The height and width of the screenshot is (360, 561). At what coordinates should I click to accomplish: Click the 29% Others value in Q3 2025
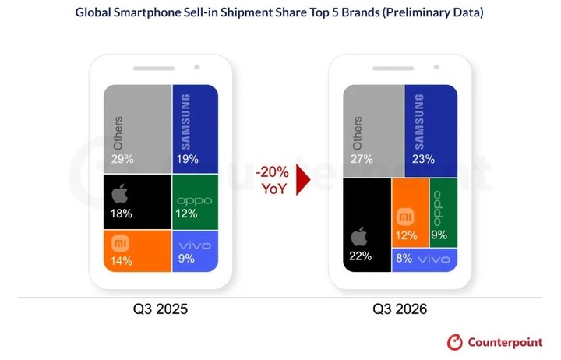tap(122, 159)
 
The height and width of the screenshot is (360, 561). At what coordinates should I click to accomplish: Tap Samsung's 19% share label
tap(187, 159)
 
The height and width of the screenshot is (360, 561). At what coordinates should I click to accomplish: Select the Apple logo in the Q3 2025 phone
tap(120, 194)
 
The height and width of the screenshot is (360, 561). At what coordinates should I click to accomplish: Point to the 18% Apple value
tap(122, 214)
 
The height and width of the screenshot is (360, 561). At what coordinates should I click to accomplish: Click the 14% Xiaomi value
tap(122, 261)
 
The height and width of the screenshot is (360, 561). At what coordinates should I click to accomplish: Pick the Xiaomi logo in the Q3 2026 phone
tap(406, 217)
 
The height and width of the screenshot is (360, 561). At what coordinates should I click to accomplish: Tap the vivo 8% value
tap(404, 258)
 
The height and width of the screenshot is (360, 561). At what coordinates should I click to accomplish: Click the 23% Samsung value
tap(423, 159)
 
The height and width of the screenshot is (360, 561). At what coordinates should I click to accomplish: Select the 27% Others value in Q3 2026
tap(362, 159)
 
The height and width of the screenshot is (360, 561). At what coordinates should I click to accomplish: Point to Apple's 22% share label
tap(360, 256)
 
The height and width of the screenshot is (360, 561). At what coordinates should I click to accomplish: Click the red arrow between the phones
tap(303, 180)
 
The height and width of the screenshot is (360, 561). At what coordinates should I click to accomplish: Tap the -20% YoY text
tap(273, 180)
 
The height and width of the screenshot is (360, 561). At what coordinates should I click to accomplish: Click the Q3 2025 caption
tap(161, 309)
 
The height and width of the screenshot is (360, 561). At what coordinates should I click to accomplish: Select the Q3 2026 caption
tap(400, 309)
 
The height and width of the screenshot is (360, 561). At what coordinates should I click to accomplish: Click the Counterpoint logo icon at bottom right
tap(455, 342)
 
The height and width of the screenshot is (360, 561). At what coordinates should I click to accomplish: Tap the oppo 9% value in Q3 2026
tap(439, 235)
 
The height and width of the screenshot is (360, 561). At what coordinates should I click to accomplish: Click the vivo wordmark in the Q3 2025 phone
tap(195, 246)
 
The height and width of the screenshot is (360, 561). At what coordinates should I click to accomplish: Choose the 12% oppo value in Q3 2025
tap(186, 214)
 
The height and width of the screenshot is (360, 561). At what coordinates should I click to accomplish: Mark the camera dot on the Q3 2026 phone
tap(436, 67)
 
